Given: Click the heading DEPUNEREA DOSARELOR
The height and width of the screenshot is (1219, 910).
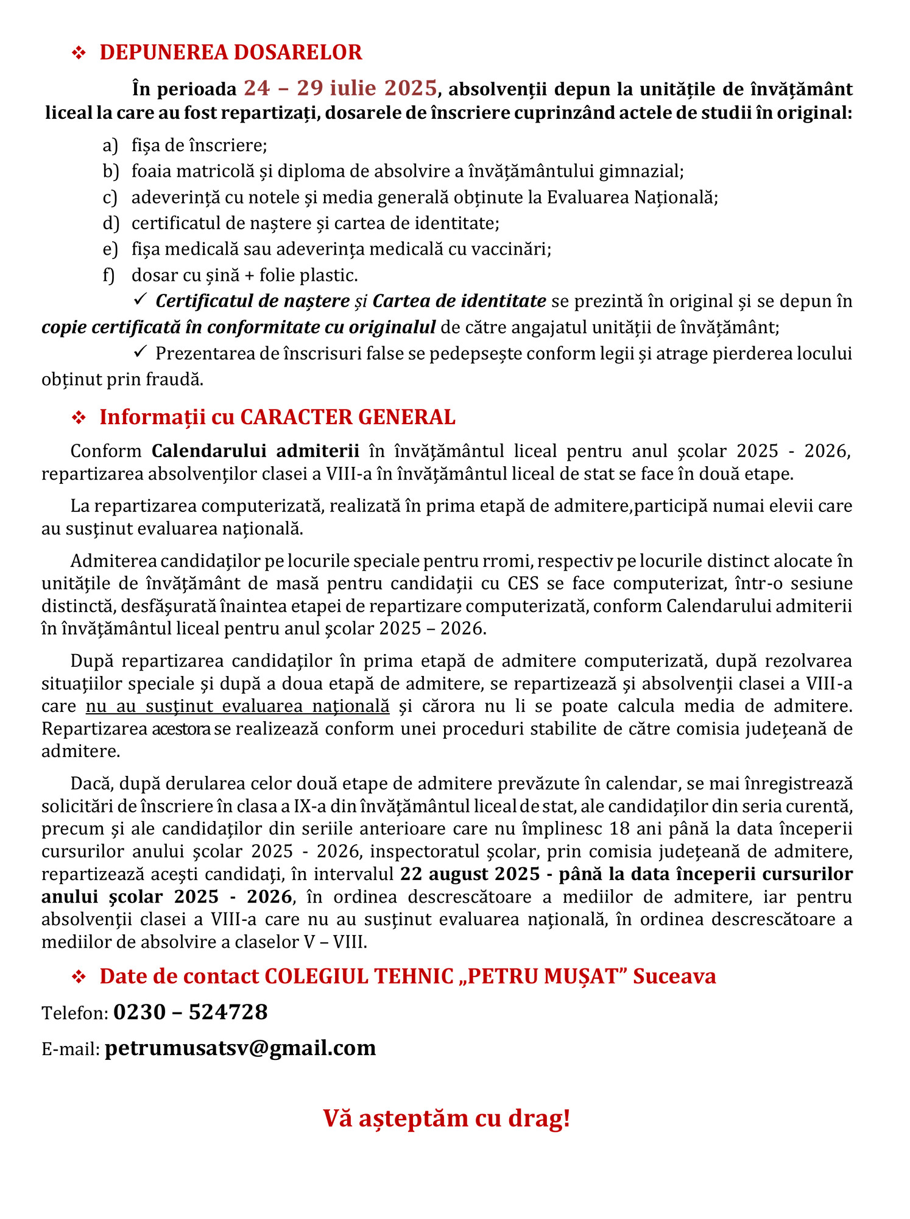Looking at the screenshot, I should [231, 52].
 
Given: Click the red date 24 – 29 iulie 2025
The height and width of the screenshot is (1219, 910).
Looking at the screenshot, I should [340, 88].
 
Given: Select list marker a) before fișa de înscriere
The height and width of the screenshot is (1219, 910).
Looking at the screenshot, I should [110, 146].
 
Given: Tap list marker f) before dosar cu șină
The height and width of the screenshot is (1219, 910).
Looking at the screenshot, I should [109, 275].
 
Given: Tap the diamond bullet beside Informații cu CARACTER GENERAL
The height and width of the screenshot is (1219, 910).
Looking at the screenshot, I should [79, 418].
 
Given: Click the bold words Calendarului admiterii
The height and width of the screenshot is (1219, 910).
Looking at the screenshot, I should [255, 451].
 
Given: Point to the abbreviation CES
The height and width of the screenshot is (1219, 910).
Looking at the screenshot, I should [523, 584].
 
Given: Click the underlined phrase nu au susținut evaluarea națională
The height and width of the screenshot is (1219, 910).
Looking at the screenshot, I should [238, 706].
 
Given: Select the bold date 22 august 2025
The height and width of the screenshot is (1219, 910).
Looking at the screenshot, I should [470, 874].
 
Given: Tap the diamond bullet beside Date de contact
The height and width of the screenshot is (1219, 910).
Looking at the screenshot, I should [79, 977].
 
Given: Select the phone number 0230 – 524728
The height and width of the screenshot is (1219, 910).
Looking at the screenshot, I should [191, 1012].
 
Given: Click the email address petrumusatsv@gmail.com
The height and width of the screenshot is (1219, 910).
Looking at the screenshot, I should [240, 1048].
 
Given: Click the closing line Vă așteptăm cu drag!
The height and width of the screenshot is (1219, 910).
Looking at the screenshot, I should [446, 1118].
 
